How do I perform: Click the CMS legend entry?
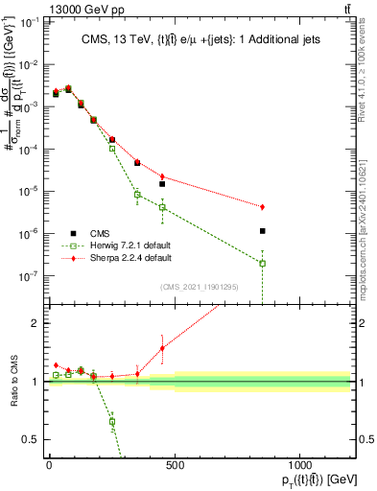click(x=97, y=233)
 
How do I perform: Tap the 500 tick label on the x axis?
click(x=174, y=465)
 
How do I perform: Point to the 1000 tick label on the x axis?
click(x=299, y=465)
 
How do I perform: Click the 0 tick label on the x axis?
click(x=49, y=465)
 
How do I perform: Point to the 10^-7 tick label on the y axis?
click(x=28, y=276)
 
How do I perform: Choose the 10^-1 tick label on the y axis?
click(x=28, y=22)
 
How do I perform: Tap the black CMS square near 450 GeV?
click(x=162, y=183)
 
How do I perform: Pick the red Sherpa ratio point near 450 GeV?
click(x=162, y=348)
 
